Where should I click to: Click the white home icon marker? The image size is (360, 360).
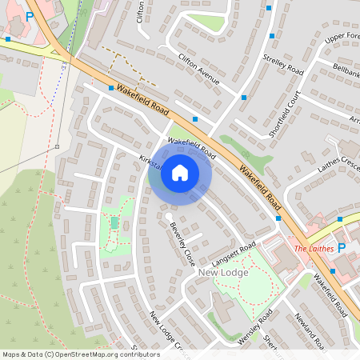pyautogui.click(x=180, y=172)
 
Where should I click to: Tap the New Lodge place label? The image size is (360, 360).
pyautogui.click(x=223, y=273)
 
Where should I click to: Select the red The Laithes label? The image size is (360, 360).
pyautogui.click(x=312, y=249)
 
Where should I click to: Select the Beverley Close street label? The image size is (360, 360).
pyautogui.click(x=182, y=244)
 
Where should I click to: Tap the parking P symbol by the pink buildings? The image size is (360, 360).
pyautogui.click(x=30, y=15)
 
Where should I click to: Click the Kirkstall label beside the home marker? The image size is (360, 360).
pyautogui.click(x=150, y=165)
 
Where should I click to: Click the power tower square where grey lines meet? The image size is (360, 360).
pyautogui.click(x=58, y=147)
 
